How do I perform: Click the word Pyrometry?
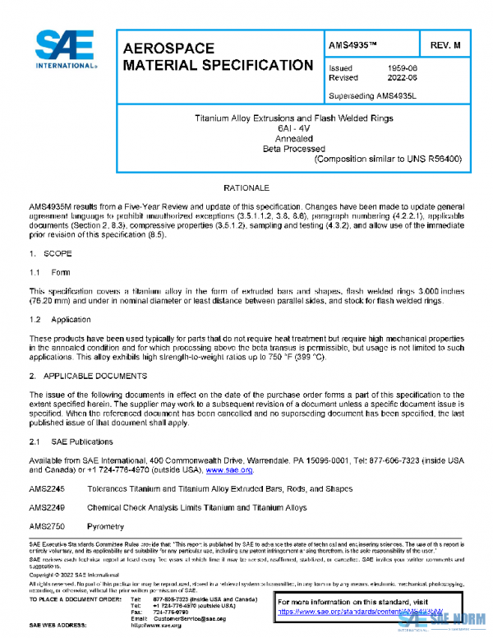coord(106,525)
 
